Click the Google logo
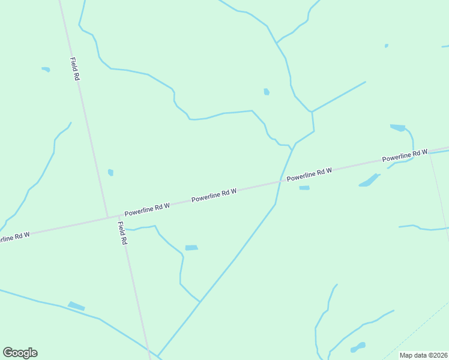point(20,353)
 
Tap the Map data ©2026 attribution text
point(424,355)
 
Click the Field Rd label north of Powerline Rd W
point(75,69)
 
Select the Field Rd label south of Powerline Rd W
point(122,233)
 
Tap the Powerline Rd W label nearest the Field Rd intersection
point(147,209)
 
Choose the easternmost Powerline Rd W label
point(405,155)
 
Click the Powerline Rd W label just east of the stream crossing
point(309,175)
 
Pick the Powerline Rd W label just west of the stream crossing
point(214,195)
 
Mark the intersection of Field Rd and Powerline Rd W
point(108,217)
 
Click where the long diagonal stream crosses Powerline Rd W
point(281,180)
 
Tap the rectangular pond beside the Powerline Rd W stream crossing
point(304,188)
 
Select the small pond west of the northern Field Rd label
point(46,70)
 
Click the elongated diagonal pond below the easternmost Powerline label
point(369,180)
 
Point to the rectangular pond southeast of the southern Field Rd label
point(191,248)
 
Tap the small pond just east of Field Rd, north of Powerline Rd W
point(110,173)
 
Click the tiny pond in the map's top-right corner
point(386,46)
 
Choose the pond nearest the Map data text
point(358,347)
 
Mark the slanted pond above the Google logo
point(76,306)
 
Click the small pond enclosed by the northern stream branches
point(266,92)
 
